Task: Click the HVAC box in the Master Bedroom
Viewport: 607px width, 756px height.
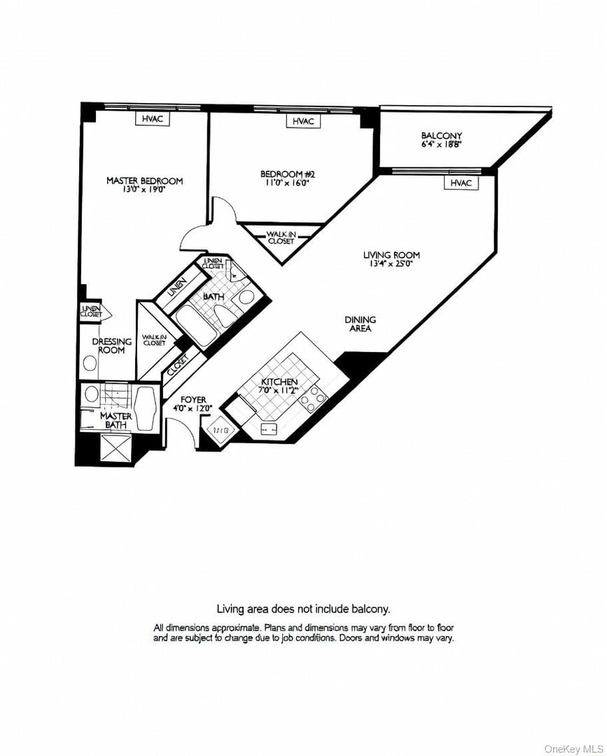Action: click(152, 119)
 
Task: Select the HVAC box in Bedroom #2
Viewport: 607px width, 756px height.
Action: click(302, 121)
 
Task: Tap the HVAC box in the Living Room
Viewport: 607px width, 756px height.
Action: click(461, 183)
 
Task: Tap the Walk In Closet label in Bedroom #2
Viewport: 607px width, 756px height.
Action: click(281, 237)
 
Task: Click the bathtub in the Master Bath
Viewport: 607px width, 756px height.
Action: click(147, 409)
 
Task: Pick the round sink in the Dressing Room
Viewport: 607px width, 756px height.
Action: click(90, 363)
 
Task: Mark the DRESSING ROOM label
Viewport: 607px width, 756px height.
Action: click(112, 346)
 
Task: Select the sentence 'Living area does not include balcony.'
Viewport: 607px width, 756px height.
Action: click(302, 610)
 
